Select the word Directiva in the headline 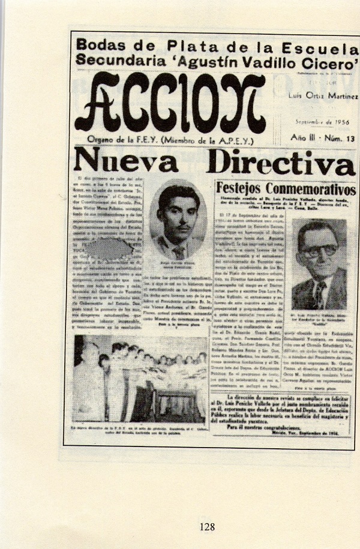281,163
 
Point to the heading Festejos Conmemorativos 285,190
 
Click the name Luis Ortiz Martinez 325,96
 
